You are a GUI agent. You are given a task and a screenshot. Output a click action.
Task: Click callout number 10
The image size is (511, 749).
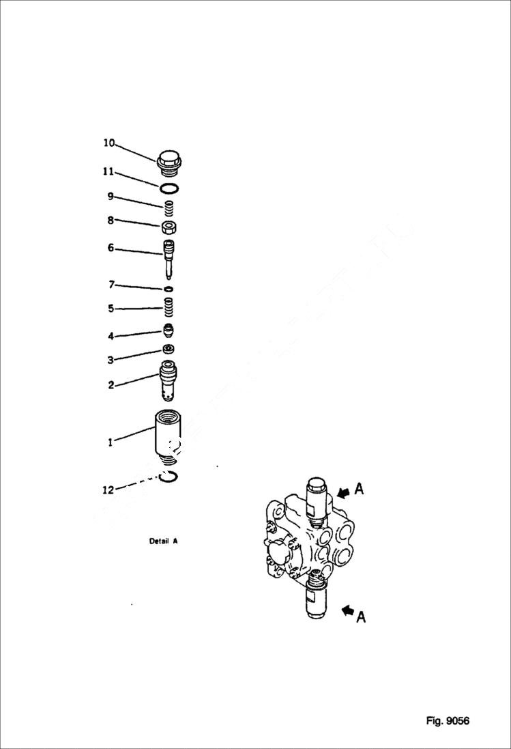click(x=109, y=143)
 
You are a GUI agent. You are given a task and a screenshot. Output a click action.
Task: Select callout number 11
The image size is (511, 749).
click(x=108, y=172)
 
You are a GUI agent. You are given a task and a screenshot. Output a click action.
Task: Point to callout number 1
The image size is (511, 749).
click(x=110, y=442)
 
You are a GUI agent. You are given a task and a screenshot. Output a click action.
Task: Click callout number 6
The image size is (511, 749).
click(x=111, y=249)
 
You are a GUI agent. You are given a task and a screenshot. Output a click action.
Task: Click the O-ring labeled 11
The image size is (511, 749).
click(x=170, y=188)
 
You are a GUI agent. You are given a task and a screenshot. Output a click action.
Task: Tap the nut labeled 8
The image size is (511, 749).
click(x=170, y=227)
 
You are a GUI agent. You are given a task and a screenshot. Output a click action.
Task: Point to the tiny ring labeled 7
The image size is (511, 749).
click(x=169, y=289)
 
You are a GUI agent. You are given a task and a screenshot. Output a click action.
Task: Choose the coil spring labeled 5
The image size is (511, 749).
click(x=169, y=308)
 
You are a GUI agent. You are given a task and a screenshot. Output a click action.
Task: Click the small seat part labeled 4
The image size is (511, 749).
click(x=169, y=331)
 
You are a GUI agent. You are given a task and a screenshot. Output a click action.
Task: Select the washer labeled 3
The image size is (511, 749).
click(x=169, y=350)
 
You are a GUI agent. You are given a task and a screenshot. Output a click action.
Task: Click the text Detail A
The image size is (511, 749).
click(x=164, y=541)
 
